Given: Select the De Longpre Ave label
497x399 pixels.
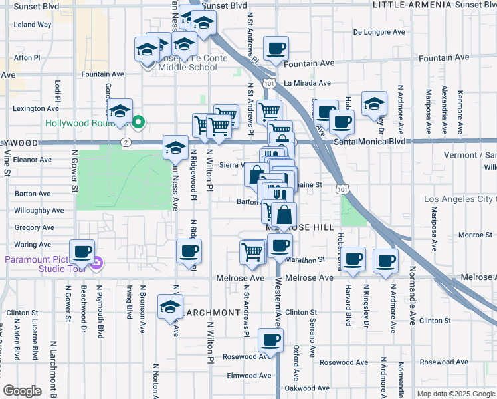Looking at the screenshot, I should [379, 31].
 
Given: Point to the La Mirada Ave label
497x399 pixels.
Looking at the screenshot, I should [306, 84].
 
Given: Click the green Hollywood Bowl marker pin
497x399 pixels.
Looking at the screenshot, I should [138, 122].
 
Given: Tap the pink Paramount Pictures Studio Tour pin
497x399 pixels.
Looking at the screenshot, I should [96, 264].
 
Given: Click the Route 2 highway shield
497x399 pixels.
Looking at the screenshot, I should [126, 142].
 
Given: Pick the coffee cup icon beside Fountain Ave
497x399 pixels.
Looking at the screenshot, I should [276, 49].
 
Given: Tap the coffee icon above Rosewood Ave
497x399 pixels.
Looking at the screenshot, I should [270, 340].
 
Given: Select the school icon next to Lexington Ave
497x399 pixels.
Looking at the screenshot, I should [120, 111].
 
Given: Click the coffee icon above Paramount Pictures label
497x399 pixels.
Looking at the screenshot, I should [82, 252].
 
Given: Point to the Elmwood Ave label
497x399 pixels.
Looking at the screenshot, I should [249, 376].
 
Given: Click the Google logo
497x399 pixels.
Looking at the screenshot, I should [22, 391].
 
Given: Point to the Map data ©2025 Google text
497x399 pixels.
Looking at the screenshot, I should [456, 394].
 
